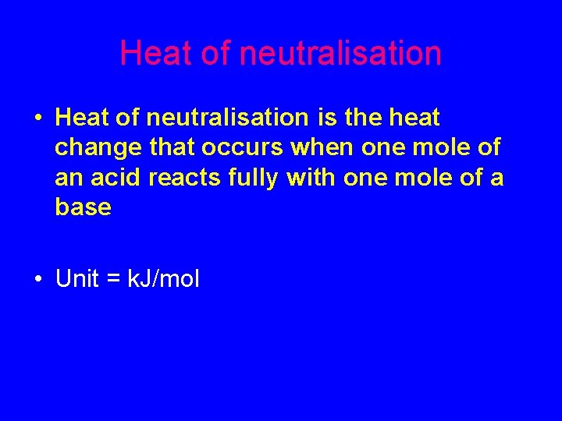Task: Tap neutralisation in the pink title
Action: coord(340,54)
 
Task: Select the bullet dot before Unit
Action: coord(38,279)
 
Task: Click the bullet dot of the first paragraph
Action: coord(38,119)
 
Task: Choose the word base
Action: coord(84,207)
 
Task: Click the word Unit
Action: coord(77,279)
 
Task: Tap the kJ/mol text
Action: coord(162,279)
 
